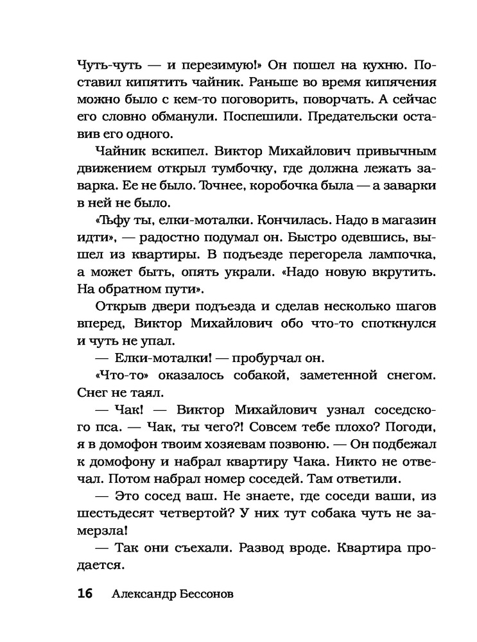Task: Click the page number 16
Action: [x=85, y=593]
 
